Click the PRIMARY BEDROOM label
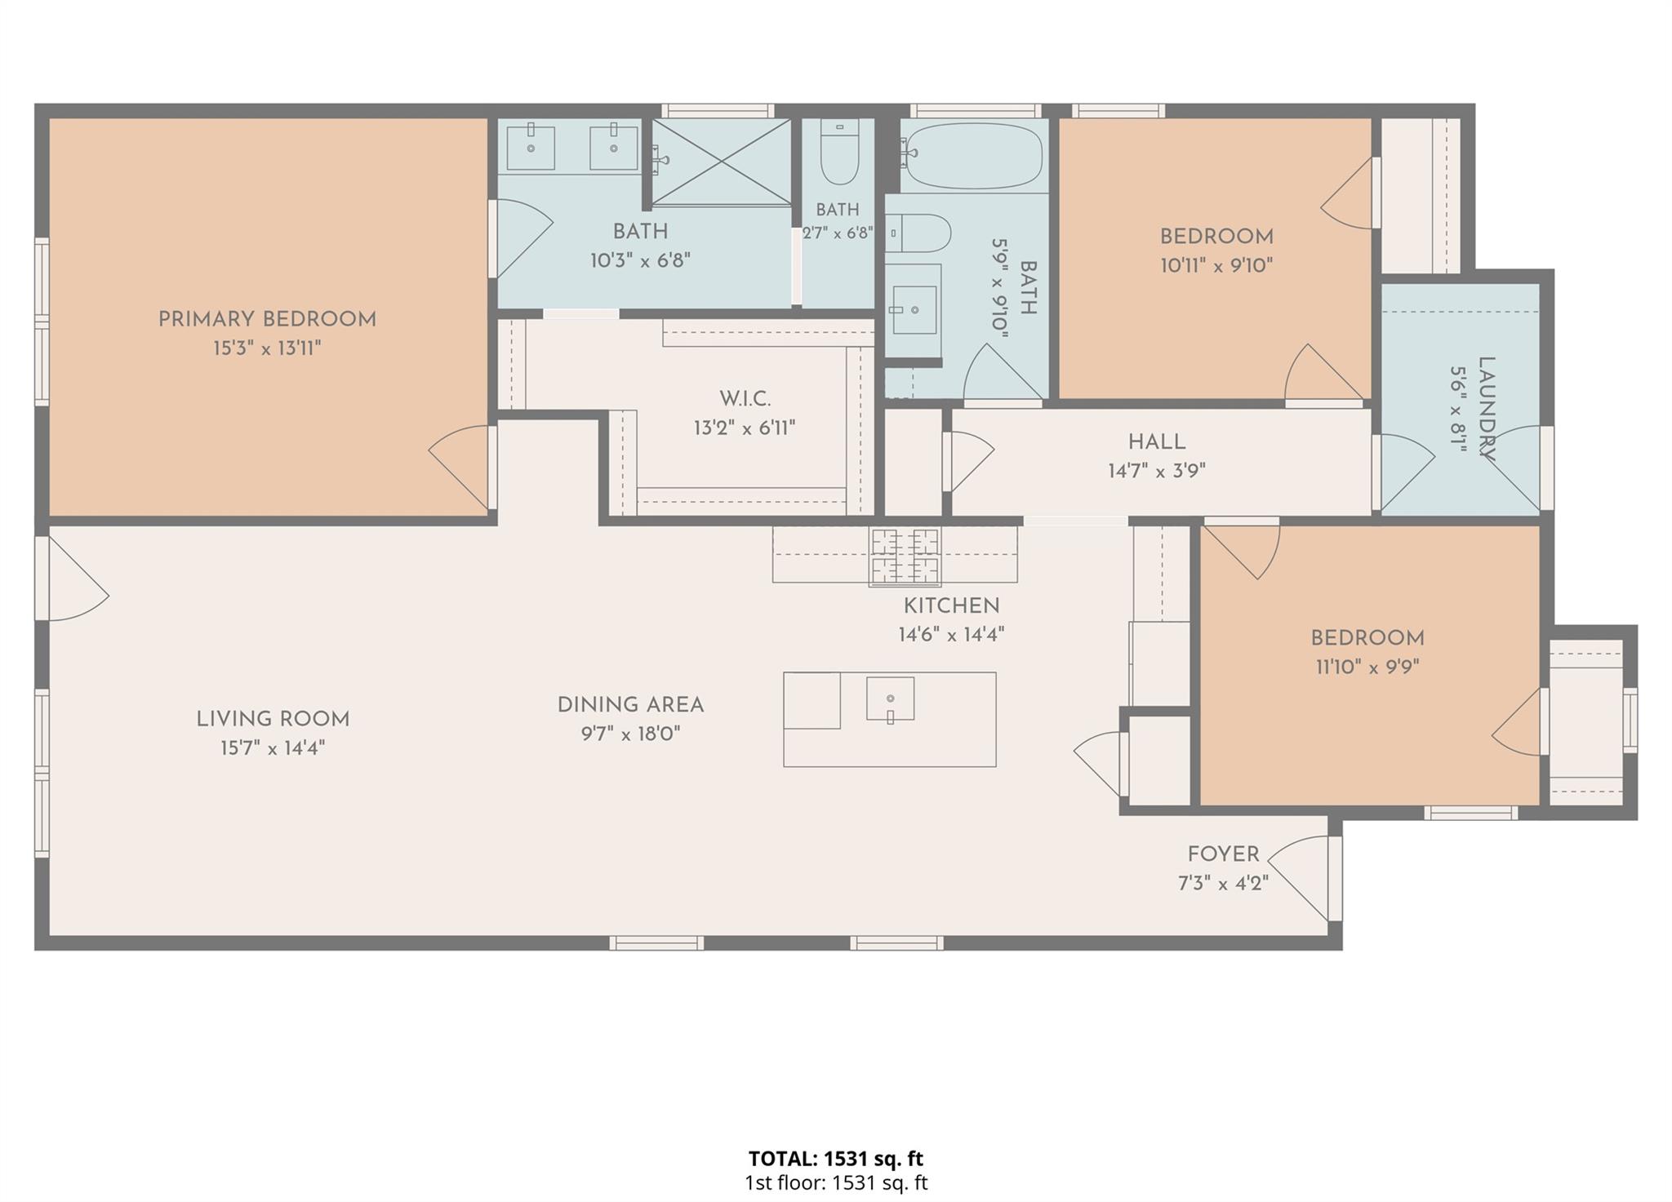[267, 319]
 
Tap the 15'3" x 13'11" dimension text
[267, 348]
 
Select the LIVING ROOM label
[273, 719]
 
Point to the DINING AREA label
[630, 704]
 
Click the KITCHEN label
[951, 605]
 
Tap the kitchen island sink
[890, 699]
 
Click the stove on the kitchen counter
[905, 557]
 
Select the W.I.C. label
[745, 398]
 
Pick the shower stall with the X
[722, 161]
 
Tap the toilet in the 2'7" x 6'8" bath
[839, 153]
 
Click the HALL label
[1157, 441]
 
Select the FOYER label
[1223, 854]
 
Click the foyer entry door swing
[1299, 879]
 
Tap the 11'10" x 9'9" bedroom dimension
[1367, 667]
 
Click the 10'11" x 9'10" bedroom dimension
[1216, 265]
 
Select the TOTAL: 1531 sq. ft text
[836, 1158]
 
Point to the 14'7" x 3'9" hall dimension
[1157, 471]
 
